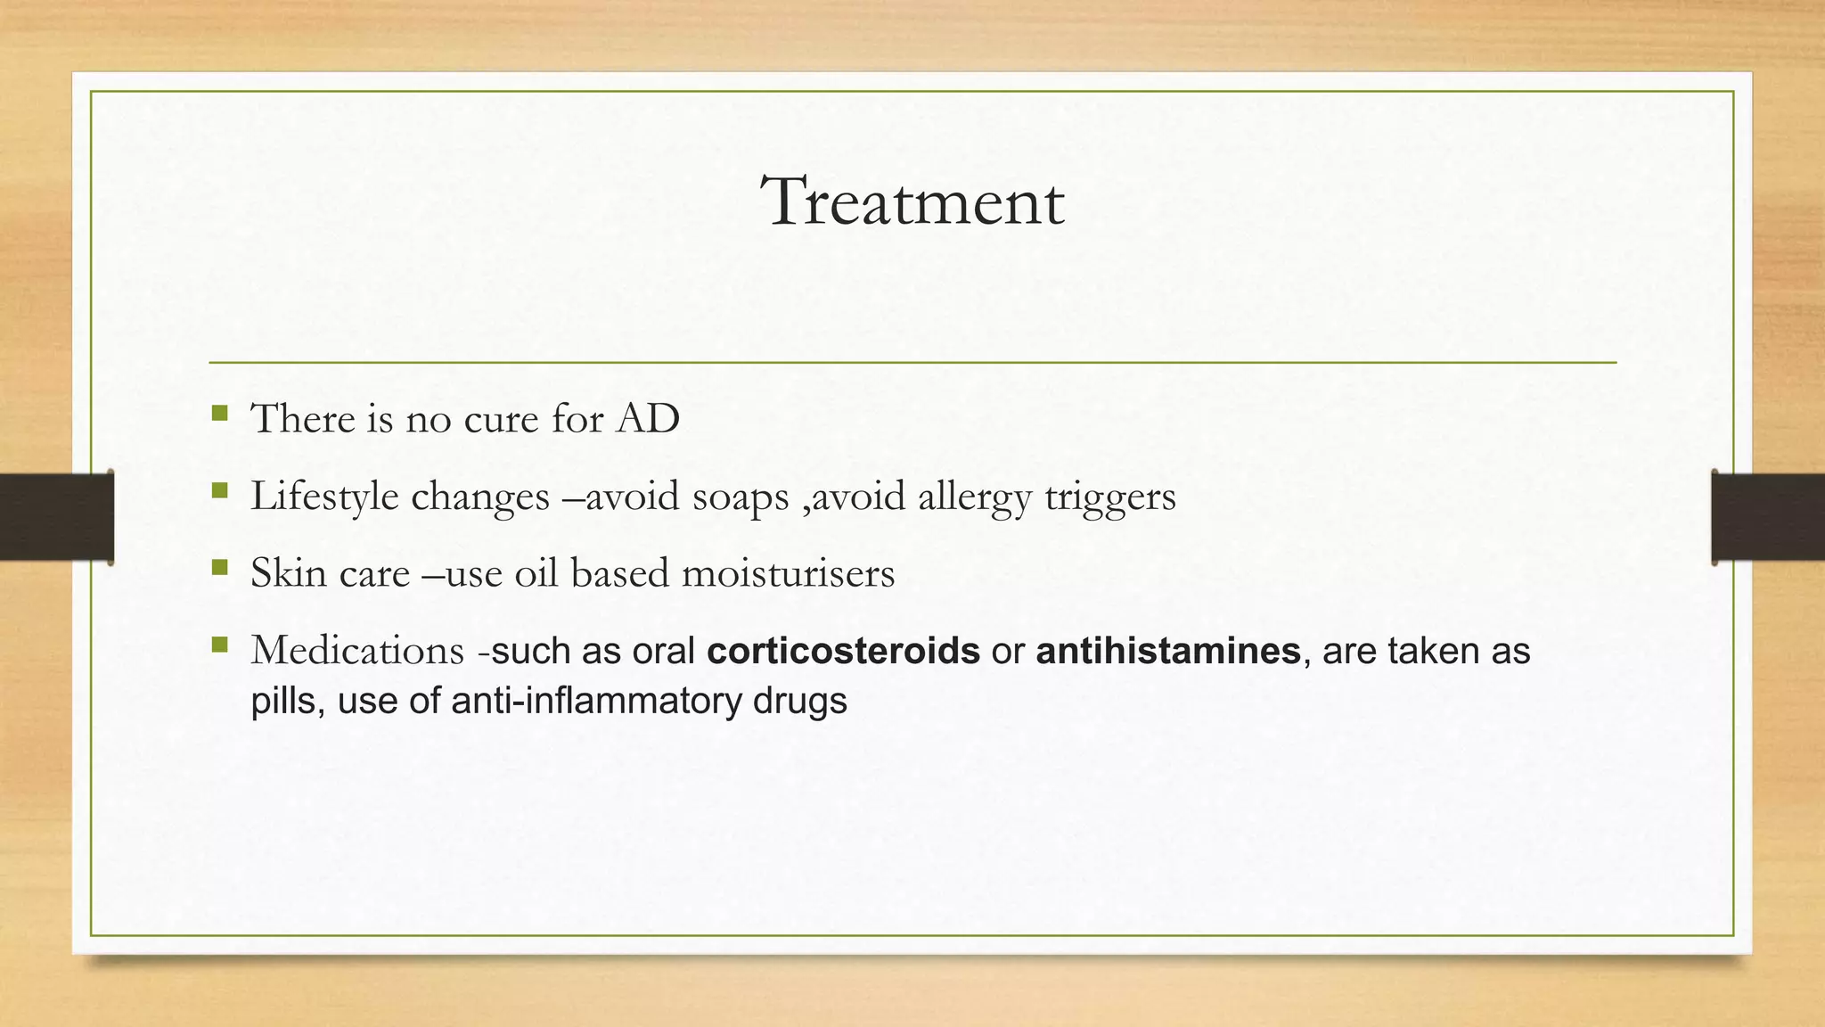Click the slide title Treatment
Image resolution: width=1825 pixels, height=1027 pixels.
coord(912,201)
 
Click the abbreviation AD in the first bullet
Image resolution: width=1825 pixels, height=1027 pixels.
coord(648,419)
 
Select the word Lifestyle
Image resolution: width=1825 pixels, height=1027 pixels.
coord(324,497)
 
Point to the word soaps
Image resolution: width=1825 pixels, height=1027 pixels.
coord(741,497)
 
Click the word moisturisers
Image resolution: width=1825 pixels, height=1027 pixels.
coord(788,573)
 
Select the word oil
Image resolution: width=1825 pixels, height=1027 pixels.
coord(536,573)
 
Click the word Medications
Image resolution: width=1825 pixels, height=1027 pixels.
coord(357,651)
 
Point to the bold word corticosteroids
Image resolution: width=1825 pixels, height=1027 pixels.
coord(843,651)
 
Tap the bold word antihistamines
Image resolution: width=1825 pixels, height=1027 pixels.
coord(1167,651)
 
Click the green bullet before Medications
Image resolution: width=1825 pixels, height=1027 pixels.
coord(220,644)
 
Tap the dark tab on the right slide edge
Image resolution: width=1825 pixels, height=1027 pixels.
coord(1768,517)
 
